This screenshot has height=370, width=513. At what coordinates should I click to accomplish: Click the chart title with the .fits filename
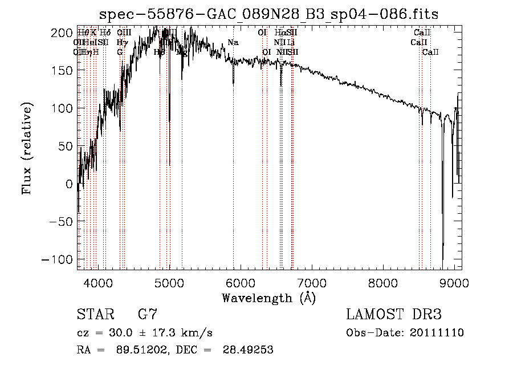[269, 14]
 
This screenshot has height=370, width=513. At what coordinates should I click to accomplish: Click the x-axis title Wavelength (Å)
[268, 298]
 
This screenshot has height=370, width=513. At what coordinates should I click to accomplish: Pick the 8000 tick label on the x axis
[382, 282]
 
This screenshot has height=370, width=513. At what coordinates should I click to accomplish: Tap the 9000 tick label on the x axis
[454, 282]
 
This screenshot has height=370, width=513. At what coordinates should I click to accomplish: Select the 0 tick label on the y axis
[68, 184]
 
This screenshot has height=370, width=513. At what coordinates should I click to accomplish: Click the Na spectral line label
[233, 43]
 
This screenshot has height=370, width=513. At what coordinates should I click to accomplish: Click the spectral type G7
[147, 315]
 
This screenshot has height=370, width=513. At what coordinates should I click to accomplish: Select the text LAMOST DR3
[394, 315]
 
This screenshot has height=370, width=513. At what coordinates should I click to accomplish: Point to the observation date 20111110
[437, 333]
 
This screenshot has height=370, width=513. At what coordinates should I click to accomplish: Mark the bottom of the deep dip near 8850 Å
[443, 259]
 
